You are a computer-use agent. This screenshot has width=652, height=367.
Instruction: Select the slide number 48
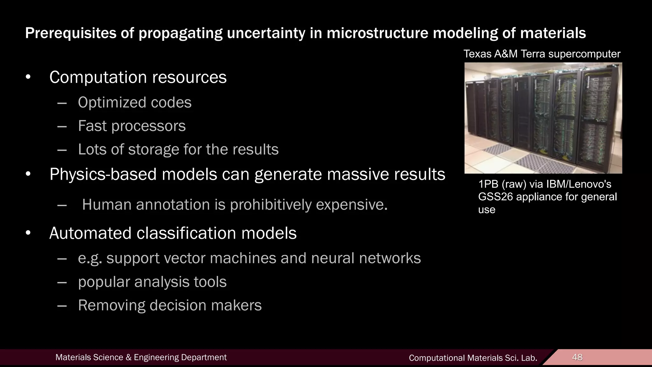click(577, 357)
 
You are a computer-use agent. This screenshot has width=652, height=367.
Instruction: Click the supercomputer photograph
click(543, 118)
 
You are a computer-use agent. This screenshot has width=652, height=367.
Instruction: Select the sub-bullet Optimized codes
click(135, 103)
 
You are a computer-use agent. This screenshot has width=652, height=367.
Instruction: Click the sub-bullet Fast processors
click(132, 126)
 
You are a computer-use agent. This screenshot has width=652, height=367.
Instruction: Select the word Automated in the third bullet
click(90, 233)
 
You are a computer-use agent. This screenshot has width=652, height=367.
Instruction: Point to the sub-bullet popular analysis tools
click(152, 282)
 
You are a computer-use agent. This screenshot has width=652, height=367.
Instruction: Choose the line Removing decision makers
click(170, 305)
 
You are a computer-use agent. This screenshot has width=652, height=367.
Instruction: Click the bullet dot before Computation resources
click(28, 77)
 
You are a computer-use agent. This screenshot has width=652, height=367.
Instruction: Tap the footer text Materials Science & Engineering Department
click(141, 357)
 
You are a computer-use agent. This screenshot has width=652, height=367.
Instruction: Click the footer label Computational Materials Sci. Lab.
click(473, 358)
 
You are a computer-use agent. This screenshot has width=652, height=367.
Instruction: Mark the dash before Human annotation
click(62, 205)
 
